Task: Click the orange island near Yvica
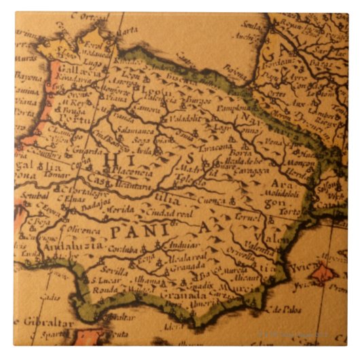[x=322, y=274]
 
